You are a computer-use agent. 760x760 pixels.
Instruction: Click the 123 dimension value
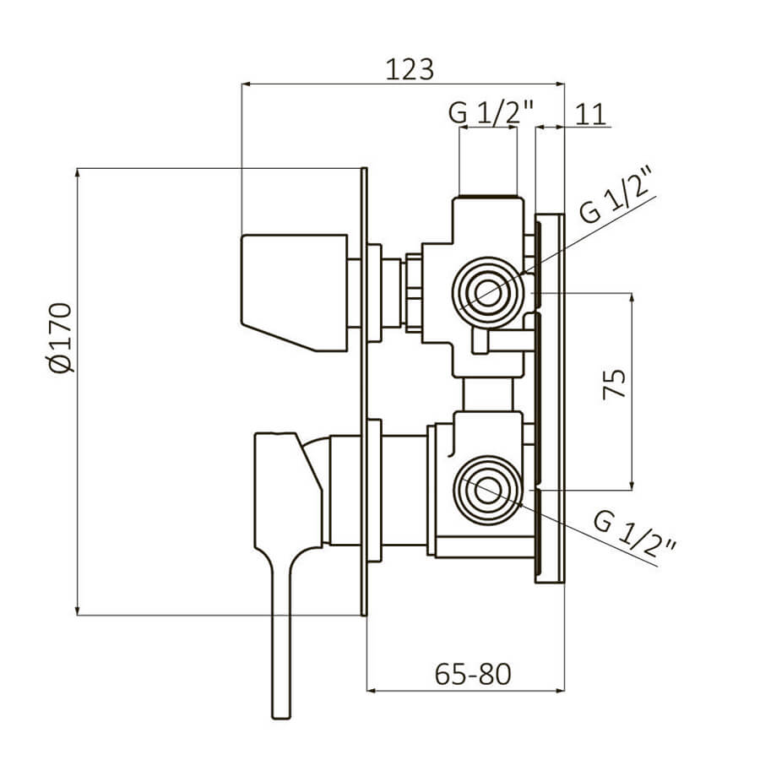point(410,69)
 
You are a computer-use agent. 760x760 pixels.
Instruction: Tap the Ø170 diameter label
point(61,337)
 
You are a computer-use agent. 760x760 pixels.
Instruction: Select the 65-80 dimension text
point(473,674)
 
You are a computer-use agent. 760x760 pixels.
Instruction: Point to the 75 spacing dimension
point(614,384)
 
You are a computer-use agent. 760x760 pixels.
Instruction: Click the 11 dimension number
point(590,114)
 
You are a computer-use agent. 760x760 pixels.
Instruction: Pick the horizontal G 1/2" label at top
point(491,112)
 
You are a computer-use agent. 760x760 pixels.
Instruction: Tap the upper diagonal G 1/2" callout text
point(616,195)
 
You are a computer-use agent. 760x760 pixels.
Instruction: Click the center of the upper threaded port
point(487,292)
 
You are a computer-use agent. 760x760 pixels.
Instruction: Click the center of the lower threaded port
point(487,491)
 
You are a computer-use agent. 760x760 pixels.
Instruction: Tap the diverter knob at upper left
point(295,292)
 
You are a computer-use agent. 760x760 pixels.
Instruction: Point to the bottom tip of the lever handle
point(281,718)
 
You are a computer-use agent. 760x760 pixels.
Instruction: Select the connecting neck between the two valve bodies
point(487,394)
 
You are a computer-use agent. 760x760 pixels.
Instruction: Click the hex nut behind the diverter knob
point(414,293)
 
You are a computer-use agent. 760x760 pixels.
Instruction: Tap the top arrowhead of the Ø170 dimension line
point(77,172)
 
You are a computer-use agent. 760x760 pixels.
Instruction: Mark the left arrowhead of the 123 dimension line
point(246,84)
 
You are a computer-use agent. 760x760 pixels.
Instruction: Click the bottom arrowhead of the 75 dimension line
point(632,486)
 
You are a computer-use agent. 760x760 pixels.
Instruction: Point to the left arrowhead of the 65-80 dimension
point(372,690)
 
